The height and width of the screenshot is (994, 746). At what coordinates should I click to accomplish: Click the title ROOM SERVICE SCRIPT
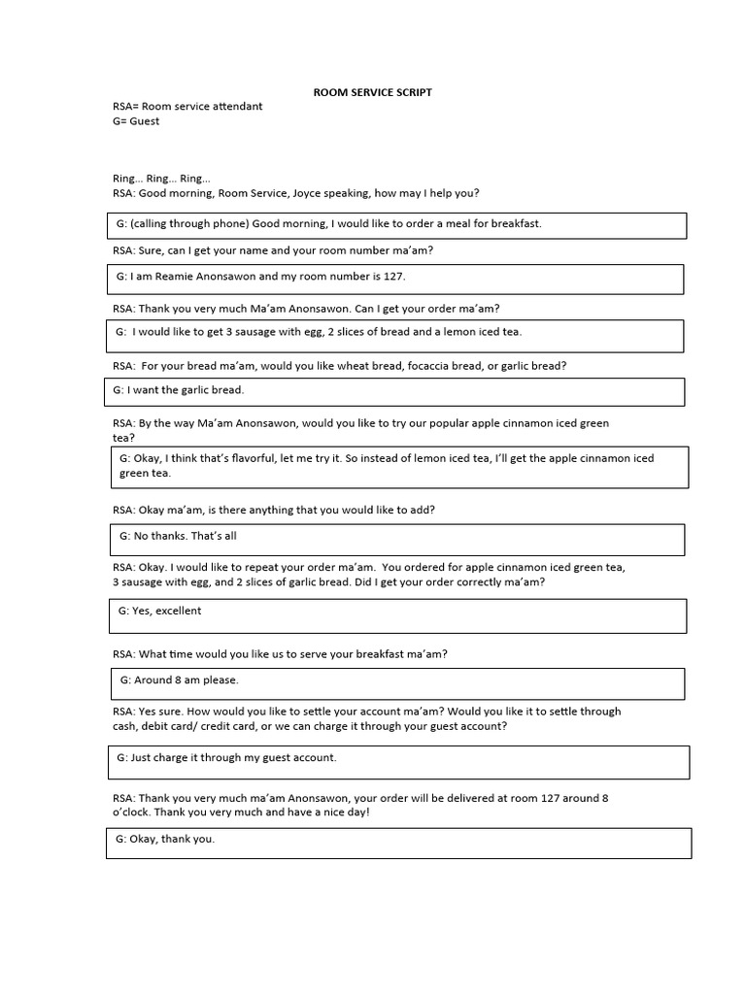tap(372, 92)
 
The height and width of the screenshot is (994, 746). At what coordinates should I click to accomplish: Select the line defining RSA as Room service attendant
tap(187, 106)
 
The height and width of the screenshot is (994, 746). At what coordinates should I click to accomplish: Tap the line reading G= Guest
tap(136, 121)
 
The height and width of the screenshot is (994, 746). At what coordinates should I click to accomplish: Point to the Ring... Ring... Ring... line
tap(161, 179)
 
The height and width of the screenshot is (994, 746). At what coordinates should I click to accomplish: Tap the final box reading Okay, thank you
tap(398, 843)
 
